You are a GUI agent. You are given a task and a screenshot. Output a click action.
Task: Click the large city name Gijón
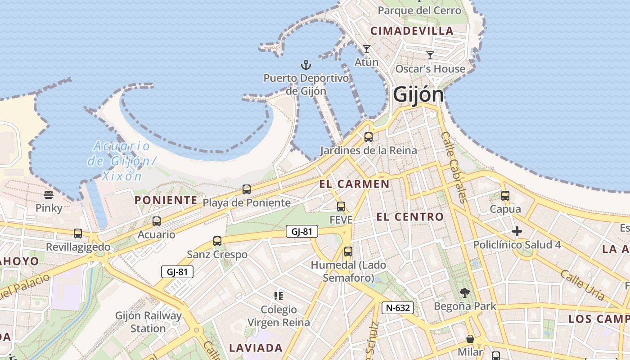(418, 95)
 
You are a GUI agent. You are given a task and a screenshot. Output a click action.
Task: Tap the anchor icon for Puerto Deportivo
(306, 65)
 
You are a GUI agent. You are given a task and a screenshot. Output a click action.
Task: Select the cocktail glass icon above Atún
(367, 49)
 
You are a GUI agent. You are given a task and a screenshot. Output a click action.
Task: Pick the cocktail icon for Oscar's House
(430, 55)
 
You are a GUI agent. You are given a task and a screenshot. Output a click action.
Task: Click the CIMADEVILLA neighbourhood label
(412, 31)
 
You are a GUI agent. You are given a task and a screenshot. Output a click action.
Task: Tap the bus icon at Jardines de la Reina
(369, 137)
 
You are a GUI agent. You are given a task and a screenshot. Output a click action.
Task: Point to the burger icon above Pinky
(49, 195)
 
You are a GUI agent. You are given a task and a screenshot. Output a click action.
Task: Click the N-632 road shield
(398, 308)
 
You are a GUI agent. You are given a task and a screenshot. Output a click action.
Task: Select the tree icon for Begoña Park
(464, 293)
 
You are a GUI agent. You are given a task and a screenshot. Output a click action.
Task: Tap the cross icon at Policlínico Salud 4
(517, 232)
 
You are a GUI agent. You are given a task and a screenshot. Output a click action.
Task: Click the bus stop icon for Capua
(505, 196)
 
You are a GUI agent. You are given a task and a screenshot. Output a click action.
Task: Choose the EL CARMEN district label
(354, 184)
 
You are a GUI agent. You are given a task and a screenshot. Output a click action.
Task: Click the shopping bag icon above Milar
(470, 338)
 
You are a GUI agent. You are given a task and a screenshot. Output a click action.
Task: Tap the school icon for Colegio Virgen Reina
(279, 296)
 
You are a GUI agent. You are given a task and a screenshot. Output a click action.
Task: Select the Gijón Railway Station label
(148, 322)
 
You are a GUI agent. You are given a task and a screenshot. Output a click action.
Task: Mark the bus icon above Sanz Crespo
(217, 241)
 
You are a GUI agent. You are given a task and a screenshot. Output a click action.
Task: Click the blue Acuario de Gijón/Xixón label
(121, 161)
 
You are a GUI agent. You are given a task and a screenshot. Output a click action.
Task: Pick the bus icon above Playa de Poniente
(247, 189)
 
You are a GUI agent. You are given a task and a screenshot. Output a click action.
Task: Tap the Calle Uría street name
(582, 285)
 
